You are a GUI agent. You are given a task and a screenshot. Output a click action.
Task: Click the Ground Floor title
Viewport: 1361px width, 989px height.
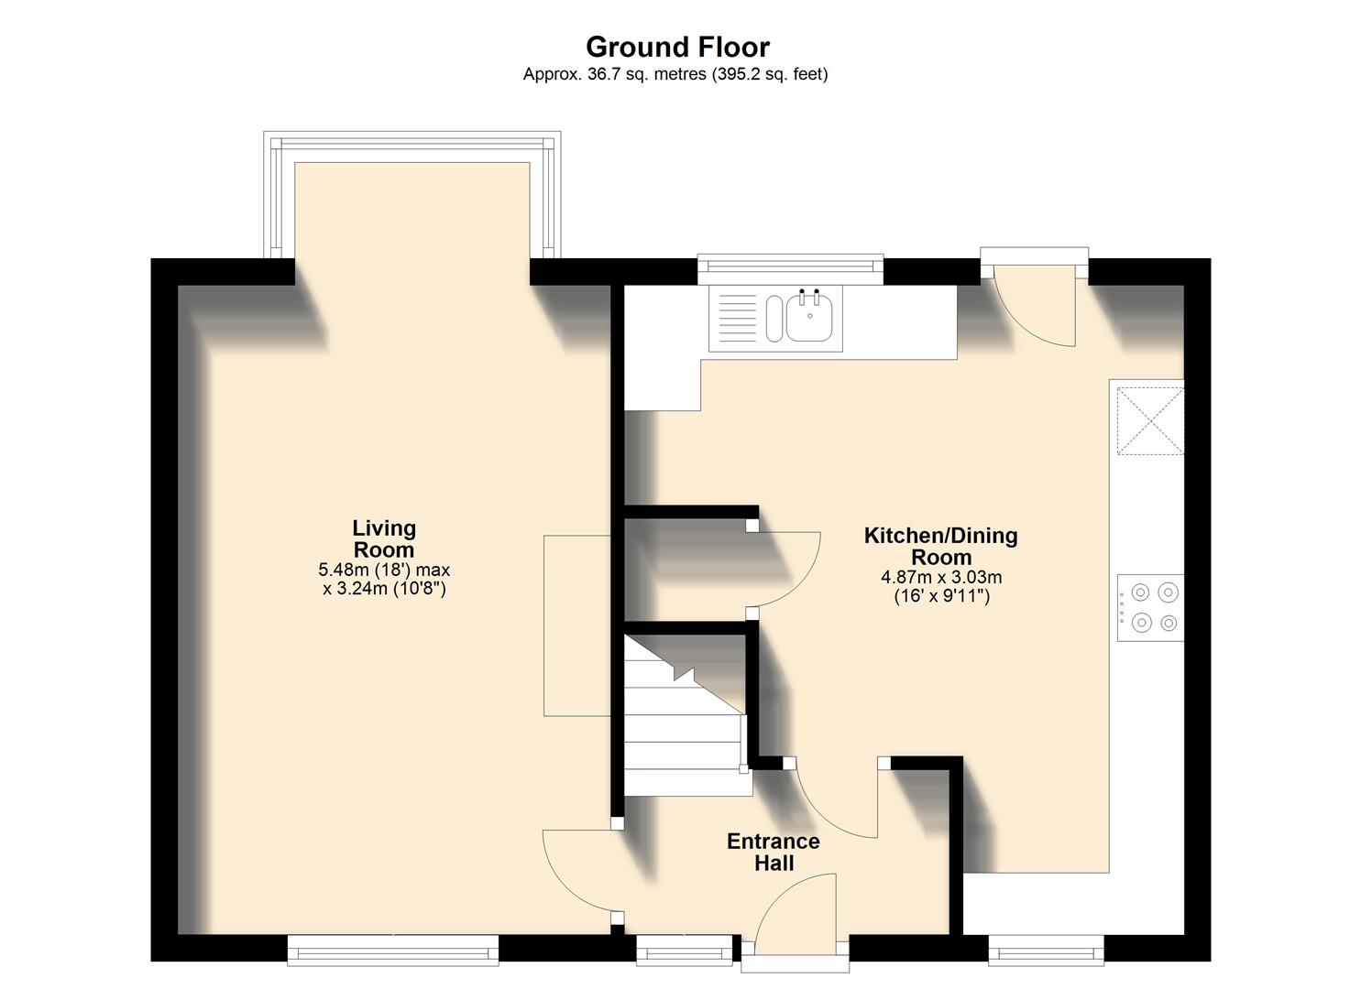click(x=677, y=47)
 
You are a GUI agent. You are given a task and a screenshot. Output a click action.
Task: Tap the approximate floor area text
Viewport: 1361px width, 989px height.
click(x=675, y=74)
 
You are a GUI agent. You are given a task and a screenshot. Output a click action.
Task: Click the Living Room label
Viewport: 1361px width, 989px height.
click(x=384, y=539)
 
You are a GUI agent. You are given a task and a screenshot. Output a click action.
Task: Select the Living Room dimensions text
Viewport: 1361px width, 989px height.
click(x=384, y=579)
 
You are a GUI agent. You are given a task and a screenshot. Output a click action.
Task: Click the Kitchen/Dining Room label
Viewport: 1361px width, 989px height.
click(x=940, y=546)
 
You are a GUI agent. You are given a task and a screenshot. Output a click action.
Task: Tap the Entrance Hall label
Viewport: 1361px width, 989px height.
click(x=773, y=852)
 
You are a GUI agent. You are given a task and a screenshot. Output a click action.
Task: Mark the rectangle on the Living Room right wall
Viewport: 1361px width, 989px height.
click(x=576, y=625)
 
